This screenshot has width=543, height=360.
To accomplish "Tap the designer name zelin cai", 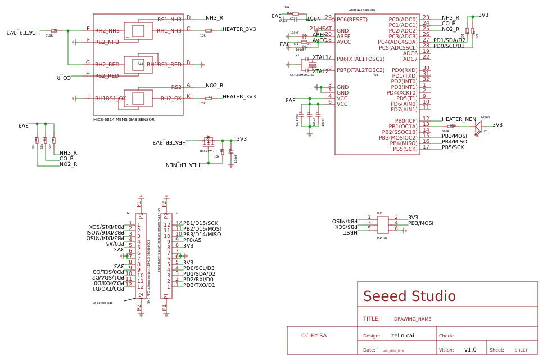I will coord(402,336).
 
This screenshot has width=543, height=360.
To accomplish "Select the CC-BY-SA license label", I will coord(314,336).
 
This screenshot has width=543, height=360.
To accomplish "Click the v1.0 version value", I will coord(470,350).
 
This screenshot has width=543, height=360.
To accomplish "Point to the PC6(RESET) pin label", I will coord(352,20).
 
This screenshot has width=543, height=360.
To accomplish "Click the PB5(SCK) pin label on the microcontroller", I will coord(405,149).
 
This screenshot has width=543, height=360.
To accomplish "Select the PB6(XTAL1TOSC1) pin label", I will coord(360,59).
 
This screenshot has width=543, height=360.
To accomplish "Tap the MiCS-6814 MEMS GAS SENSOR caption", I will coord(124,120).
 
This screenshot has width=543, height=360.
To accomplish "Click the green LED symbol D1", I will coord(478,128).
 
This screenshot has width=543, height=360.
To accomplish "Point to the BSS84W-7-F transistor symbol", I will coord(209,141).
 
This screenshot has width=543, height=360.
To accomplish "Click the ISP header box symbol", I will coord(382,225).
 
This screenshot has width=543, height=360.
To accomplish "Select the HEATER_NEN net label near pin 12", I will coord(459,119).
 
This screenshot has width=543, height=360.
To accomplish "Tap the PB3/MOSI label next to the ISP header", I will coord(420,223).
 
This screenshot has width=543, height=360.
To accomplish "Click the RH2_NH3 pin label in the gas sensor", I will coord(107,31).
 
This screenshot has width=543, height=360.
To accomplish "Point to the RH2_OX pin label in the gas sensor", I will coord(171,98).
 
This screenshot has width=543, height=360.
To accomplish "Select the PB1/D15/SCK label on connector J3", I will coord(200,223).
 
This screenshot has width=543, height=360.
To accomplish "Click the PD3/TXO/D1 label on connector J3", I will coord(199,285).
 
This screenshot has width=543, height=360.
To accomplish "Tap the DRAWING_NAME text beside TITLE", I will coord(412,319).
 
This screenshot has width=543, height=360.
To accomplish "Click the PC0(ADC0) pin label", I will coord(403,20).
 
